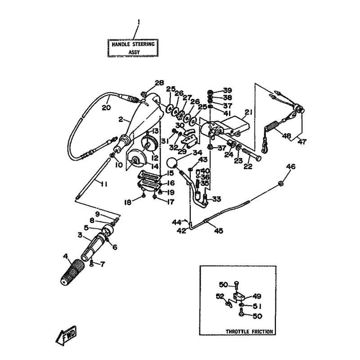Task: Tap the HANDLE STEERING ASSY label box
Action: click(x=132, y=47)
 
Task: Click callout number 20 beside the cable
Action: click(x=106, y=108)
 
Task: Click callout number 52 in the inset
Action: click(x=220, y=296)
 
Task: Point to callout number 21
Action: click(x=248, y=112)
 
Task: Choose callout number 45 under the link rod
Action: click(x=218, y=231)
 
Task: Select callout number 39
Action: click(x=227, y=90)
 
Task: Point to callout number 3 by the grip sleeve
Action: click(x=79, y=235)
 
